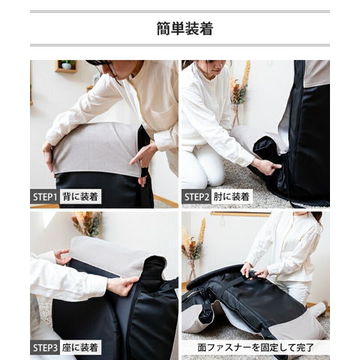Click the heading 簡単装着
184,28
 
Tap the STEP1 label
45,196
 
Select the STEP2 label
196,196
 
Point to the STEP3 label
45,347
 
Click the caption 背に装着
80,196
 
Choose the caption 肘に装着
232,196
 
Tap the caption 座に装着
80,347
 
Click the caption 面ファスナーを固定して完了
256,347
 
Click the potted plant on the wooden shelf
67,64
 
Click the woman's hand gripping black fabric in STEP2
266,166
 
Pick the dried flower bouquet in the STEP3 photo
88,223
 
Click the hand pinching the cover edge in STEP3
122,286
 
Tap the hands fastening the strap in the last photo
253,271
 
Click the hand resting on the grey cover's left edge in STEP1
48,157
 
